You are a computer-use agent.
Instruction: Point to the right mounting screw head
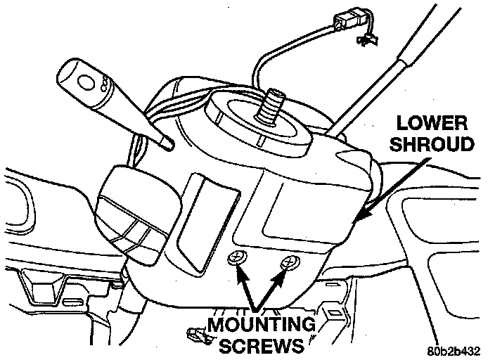[287, 264]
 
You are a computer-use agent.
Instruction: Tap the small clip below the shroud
[199, 336]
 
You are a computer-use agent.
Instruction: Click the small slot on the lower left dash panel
[73, 302]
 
